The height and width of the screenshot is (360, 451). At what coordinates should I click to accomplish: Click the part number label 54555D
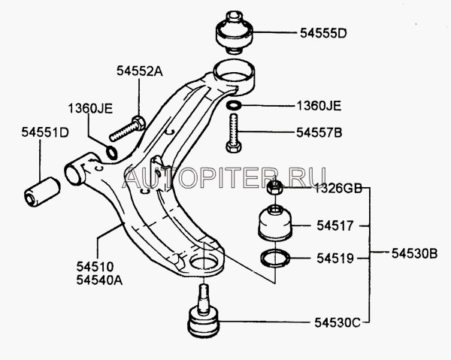pyautogui.click(x=323, y=33)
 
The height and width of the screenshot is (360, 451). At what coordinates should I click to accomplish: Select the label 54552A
pyautogui.click(x=140, y=71)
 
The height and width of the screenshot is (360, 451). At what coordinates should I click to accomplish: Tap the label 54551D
pyautogui.click(x=45, y=132)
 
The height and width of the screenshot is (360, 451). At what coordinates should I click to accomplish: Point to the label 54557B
pyautogui.click(x=319, y=133)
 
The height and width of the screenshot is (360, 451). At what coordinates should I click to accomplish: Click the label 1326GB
pyautogui.click(x=337, y=189)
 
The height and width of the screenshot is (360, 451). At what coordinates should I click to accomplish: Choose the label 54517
pyautogui.click(x=334, y=225)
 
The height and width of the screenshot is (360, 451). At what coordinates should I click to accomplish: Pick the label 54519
pyautogui.click(x=334, y=259)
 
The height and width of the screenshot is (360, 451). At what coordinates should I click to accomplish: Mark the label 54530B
pyautogui.click(x=414, y=253)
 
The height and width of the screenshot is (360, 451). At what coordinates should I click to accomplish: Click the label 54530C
pyautogui.click(x=337, y=322)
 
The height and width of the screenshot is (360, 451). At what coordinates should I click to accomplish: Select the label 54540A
pyautogui.click(x=99, y=280)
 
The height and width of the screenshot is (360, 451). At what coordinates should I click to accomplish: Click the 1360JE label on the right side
pyautogui.click(x=319, y=106)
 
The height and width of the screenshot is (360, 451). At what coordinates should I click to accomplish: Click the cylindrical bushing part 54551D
pyautogui.click(x=42, y=192)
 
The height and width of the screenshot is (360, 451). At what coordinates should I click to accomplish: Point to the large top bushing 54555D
pyautogui.click(x=234, y=32)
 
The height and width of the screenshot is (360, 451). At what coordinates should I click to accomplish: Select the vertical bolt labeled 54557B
pyautogui.click(x=234, y=133)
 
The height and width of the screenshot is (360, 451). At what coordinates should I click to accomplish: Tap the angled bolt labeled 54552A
pyautogui.click(x=128, y=129)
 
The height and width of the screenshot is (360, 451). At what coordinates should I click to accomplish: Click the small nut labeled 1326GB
pyautogui.click(x=274, y=187)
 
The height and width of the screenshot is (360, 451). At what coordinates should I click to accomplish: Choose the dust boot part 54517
pyautogui.click(x=275, y=223)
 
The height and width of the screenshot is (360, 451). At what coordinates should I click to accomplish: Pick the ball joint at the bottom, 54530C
pyautogui.click(x=204, y=311)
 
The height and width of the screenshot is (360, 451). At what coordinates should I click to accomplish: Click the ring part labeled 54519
pyautogui.click(x=275, y=258)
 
